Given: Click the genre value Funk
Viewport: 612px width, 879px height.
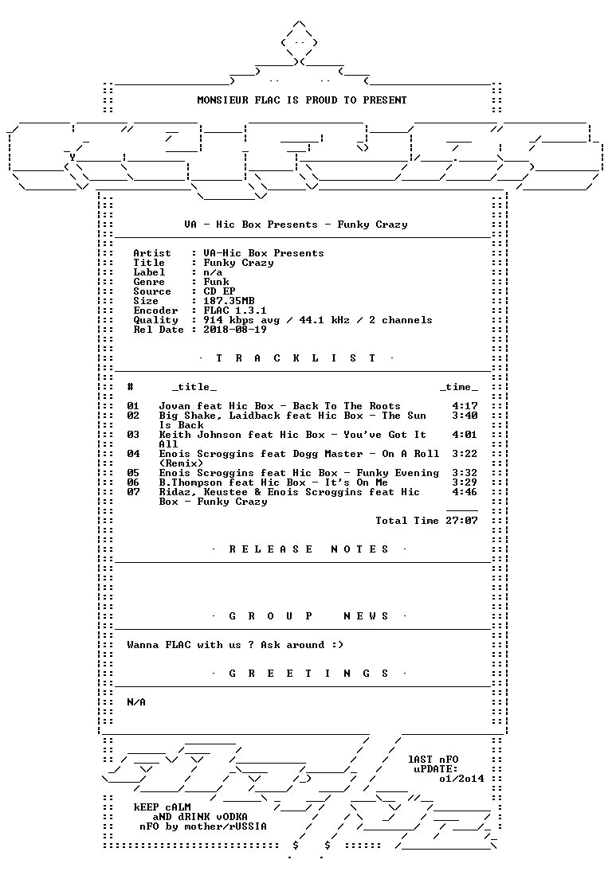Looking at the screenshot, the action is [x=216, y=282].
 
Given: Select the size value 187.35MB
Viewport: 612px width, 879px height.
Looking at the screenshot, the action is [x=229, y=301].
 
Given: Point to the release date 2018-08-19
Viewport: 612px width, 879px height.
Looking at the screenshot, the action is [x=235, y=330].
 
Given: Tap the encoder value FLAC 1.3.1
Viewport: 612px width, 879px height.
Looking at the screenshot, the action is [x=235, y=311].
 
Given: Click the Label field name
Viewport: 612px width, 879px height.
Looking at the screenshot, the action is [x=149, y=272].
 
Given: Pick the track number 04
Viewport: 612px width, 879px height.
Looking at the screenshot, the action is [x=133, y=454].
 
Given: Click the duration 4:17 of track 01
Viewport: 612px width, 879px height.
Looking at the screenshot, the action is [x=465, y=406].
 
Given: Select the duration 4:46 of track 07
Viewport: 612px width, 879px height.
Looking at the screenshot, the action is [x=465, y=492].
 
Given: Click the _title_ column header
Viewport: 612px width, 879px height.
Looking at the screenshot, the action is [x=194, y=388].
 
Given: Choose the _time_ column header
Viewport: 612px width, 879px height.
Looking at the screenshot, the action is [x=459, y=388].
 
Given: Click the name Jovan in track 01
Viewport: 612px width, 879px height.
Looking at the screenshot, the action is [x=175, y=406].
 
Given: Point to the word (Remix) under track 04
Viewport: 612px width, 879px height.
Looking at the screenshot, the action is [x=181, y=463].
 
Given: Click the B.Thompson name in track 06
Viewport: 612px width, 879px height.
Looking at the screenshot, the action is [x=190, y=482].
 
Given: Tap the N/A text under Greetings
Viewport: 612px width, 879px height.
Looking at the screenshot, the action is [x=136, y=702].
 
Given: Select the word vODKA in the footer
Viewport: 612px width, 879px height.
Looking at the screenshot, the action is [x=232, y=817].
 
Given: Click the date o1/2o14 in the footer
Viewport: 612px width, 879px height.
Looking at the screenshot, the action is [x=461, y=779].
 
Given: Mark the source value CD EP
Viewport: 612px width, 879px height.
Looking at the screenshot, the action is [x=219, y=291].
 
